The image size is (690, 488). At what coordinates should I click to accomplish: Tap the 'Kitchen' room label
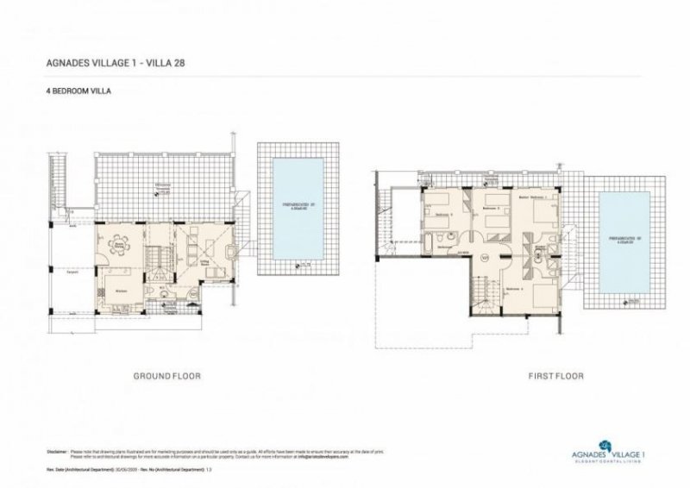click(x=122, y=291)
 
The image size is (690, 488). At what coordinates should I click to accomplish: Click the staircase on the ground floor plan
click(x=157, y=256)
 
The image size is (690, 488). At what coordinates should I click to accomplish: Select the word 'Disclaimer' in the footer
click(x=56, y=451)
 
